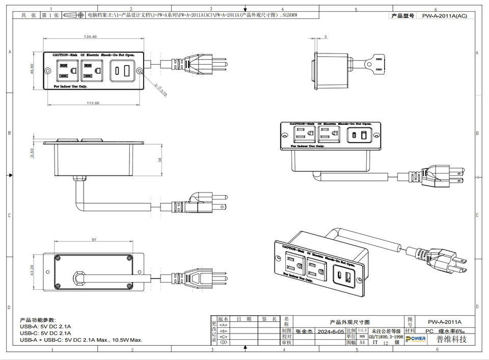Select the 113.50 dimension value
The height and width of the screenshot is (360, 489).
click(93, 102)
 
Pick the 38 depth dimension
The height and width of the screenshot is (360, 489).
click(160, 159)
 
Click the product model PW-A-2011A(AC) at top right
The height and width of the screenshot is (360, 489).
click(444, 16)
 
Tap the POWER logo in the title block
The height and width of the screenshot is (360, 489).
click(415, 339)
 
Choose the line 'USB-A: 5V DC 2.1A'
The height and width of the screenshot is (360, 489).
click(45, 326)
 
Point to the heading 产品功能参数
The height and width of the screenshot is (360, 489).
click(38, 319)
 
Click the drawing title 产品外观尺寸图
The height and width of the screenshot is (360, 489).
click(349, 322)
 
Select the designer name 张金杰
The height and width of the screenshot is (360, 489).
click(305, 331)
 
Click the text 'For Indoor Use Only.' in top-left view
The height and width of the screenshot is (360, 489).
click(70, 87)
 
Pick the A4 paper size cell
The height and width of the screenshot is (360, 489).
click(362, 343)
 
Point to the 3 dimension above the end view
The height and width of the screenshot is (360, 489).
click(325, 37)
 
